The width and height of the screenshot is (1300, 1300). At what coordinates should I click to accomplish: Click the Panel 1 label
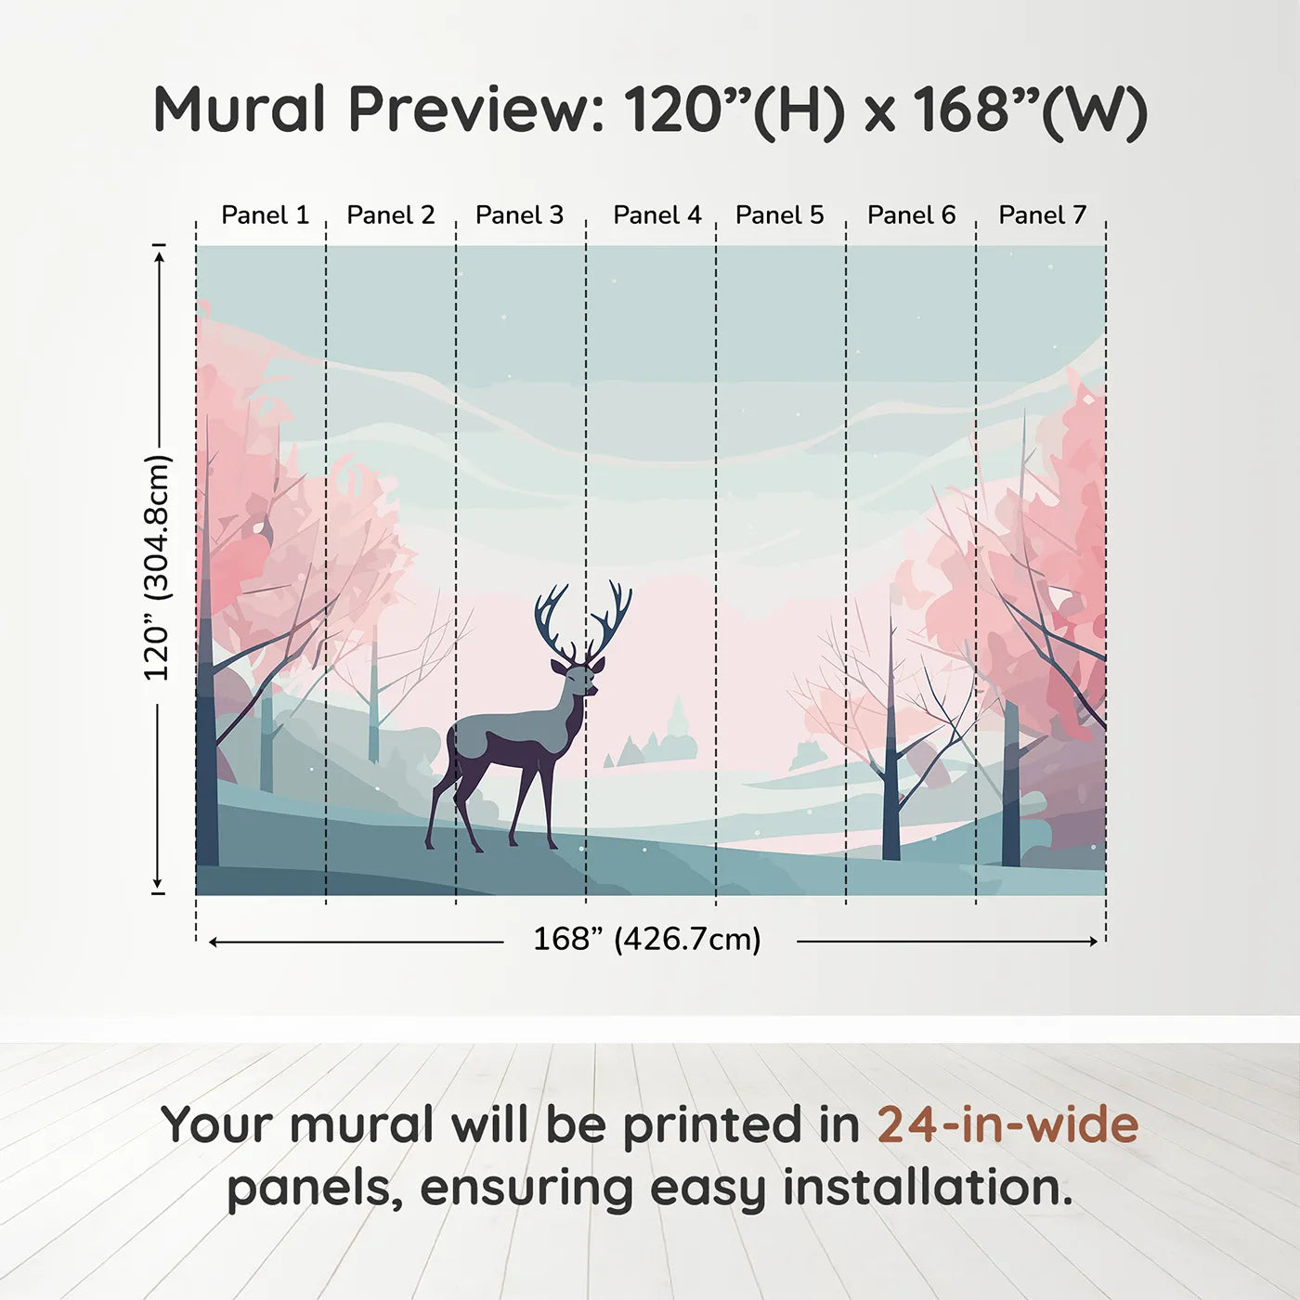coord(265,215)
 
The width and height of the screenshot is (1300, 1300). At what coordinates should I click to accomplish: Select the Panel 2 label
coord(390,215)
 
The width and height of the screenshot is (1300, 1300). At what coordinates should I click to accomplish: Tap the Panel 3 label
coord(519,215)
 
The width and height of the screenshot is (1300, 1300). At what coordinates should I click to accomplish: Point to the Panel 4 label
coord(656,215)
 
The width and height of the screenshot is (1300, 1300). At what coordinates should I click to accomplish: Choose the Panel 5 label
coord(779,215)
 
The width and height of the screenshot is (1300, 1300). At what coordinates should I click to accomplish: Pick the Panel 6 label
coord(911,215)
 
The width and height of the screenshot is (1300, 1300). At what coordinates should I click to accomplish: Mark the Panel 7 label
coord(1042,215)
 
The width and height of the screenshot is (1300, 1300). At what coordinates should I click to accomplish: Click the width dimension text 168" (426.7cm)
coord(646,940)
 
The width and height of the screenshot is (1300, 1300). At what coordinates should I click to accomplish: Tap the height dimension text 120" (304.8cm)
coord(157,568)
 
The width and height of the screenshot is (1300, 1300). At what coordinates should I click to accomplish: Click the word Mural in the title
coord(239,110)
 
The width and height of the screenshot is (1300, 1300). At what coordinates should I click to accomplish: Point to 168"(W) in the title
coord(1030,110)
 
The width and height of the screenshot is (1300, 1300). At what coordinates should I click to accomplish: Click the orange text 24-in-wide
coord(1007,1125)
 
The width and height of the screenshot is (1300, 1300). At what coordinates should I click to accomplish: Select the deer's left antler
coord(554,617)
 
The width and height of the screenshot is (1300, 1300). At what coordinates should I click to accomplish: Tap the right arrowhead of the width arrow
coord(1093,942)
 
